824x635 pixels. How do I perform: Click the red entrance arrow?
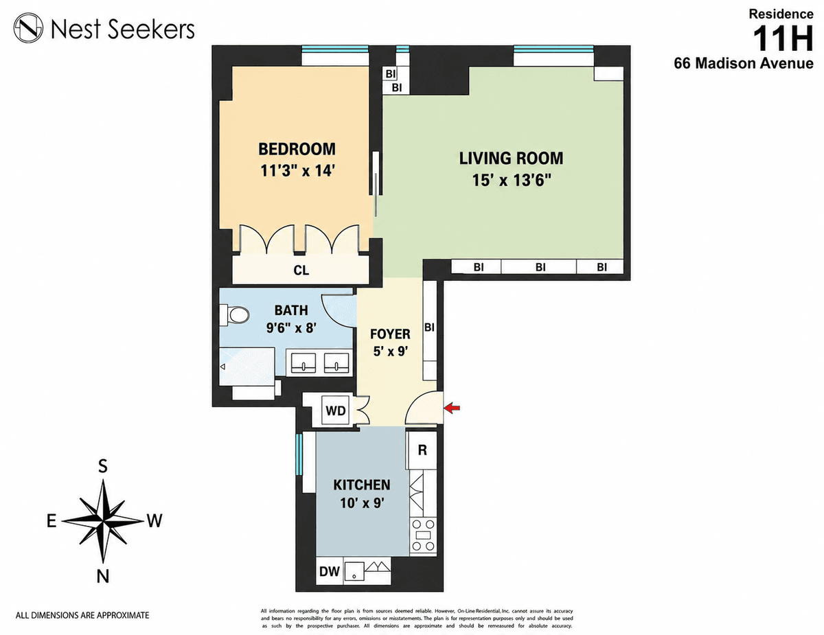tap(452, 408)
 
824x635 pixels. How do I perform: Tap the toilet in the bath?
tap(235, 314)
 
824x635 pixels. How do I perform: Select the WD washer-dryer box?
tap(336, 411)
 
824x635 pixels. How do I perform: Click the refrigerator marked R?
tap(422, 450)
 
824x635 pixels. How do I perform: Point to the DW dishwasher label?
tap(329, 571)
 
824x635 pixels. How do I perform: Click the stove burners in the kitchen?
tap(423, 535)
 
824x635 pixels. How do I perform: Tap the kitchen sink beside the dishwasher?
tap(354, 570)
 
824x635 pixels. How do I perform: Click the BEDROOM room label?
tap(297, 149)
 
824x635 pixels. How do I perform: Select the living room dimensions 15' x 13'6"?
tap(511, 180)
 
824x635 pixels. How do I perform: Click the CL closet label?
tap(301, 270)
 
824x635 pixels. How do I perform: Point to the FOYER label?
tap(390, 334)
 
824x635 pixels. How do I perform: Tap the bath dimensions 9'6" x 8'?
tap(291, 327)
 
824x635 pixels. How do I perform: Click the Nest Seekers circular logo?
tap(28, 27)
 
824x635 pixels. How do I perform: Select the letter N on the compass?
tap(103, 577)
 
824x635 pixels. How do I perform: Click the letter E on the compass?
tap(51, 521)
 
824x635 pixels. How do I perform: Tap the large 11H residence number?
tap(783, 39)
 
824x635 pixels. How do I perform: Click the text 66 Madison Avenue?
tap(744, 63)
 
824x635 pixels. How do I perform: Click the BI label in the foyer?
tap(429, 327)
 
